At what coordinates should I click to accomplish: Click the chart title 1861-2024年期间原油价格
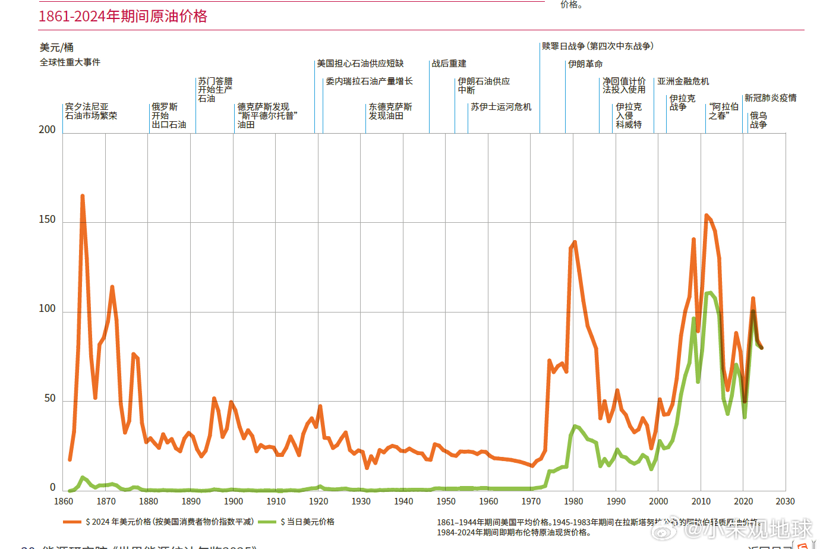coord(123,16)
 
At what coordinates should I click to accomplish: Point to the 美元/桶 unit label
coord(56,48)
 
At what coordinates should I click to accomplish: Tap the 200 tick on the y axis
coord(47,130)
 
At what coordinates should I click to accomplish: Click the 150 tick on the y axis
coord(47,219)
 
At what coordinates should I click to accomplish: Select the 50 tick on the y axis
coord(50,398)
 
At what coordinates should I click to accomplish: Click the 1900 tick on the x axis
coord(233,501)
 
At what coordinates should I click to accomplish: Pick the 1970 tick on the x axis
coord(531,501)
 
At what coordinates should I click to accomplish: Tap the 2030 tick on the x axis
coord(785,501)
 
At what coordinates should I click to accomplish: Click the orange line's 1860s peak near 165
coord(83,196)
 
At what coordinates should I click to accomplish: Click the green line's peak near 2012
coord(709,293)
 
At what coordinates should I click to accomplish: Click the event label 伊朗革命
coord(585,64)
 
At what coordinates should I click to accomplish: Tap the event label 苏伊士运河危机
coord(501,107)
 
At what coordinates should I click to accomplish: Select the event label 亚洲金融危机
coord(683,81)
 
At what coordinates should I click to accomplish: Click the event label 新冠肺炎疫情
coord(770,98)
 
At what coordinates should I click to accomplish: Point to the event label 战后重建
coord(449,64)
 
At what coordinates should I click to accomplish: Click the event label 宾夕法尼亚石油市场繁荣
coord(91,111)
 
